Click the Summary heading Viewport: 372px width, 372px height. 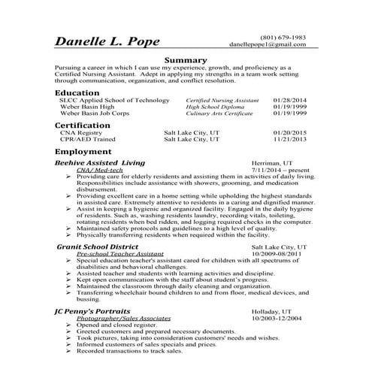(185, 60)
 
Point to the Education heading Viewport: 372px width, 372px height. (77, 92)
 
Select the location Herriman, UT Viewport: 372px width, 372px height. (274, 162)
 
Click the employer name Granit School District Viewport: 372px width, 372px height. (98, 246)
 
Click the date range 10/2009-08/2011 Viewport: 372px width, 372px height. (280, 253)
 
